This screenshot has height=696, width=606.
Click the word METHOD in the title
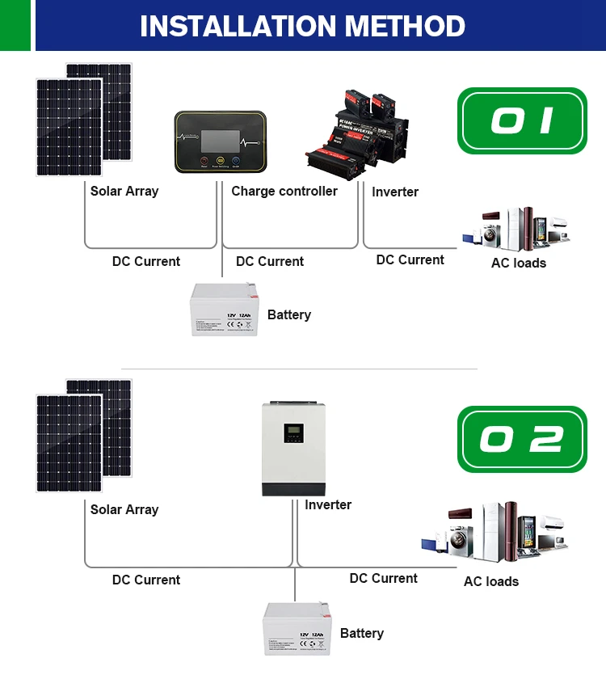pos(406,26)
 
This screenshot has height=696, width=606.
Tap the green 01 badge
pos(522,120)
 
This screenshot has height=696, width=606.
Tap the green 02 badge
pos(522,439)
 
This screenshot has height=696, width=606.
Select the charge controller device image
pos(220,141)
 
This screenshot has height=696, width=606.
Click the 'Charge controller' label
pos(284,192)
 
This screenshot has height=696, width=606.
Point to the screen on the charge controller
pos(219,133)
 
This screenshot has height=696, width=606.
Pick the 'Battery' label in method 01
pos(288,314)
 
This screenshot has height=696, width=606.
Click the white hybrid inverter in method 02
pos(294,448)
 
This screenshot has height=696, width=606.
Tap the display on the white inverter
pos(294,432)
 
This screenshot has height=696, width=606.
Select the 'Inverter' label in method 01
pos(395,192)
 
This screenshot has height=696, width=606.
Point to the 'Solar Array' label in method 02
pos(124,510)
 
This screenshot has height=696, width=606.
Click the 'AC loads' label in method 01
pos(519,263)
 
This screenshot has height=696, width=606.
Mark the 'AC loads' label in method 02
pos(491,581)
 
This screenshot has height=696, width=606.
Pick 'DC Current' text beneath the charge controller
pos(270,262)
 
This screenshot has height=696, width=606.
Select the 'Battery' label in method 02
pos(361,633)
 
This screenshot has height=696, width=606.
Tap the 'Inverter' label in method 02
pos(328,505)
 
